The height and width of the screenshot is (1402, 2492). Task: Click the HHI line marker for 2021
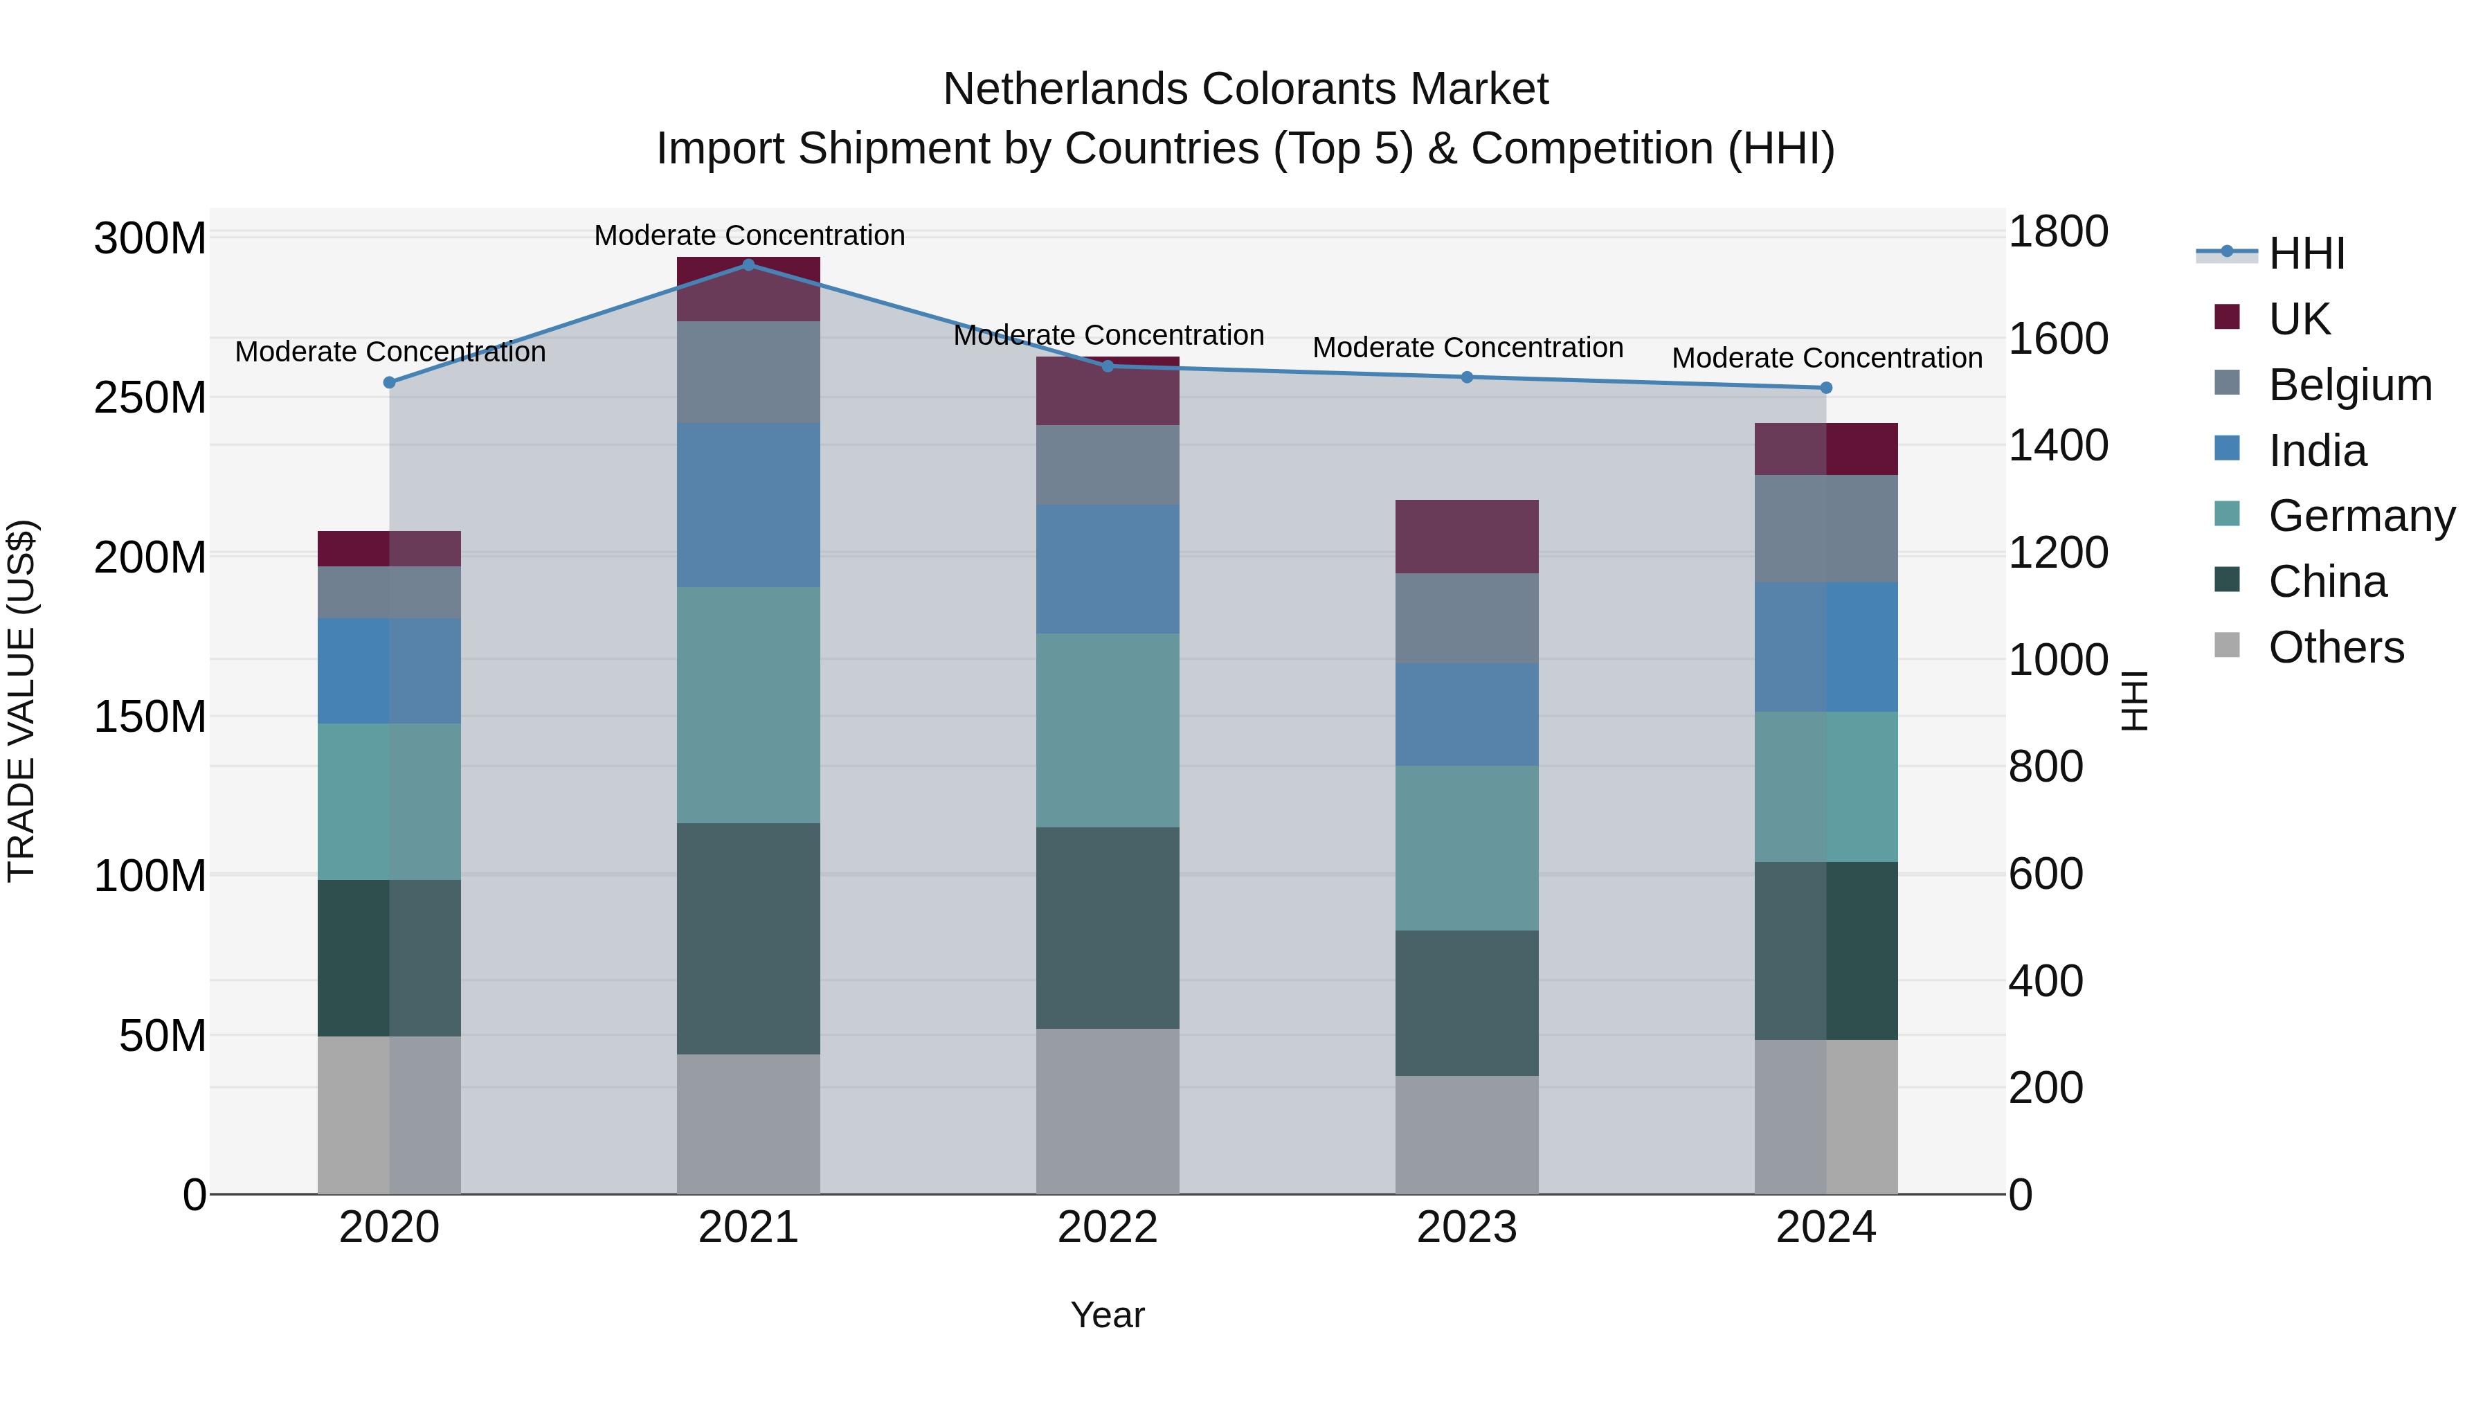pyautogui.click(x=748, y=264)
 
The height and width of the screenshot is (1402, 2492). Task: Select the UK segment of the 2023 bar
pyautogui.click(x=1467, y=537)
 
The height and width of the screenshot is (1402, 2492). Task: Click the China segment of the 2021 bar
pyautogui.click(x=748, y=939)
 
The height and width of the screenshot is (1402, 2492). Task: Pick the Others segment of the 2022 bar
pyautogui.click(x=1108, y=1111)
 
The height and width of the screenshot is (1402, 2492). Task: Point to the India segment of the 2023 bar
pyautogui.click(x=1467, y=714)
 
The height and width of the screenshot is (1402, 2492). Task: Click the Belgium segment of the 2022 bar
pyautogui.click(x=1108, y=465)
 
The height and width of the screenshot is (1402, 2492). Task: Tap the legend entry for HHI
pyautogui.click(x=2306, y=253)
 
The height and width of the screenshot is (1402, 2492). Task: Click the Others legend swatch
pyautogui.click(x=2227, y=645)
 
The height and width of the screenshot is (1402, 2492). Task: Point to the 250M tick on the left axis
pyautogui.click(x=150, y=397)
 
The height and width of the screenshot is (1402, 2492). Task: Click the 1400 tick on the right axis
pyautogui.click(x=2058, y=446)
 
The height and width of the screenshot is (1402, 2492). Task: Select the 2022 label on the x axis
pyautogui.click(x=1108, y=1228)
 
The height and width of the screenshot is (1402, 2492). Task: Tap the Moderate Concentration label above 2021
pyautogui.click(x=749, y=235)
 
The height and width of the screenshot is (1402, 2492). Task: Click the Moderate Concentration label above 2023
pyautogui.click(x=1467, y=348)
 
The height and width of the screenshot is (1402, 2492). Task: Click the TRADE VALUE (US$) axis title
pyautogui.click(x=22, y=701)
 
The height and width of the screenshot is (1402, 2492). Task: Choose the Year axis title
pyautogui.click(x=1107, y=1315)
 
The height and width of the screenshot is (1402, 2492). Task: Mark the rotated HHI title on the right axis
pyautogui.click(x=2134, y=701)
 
